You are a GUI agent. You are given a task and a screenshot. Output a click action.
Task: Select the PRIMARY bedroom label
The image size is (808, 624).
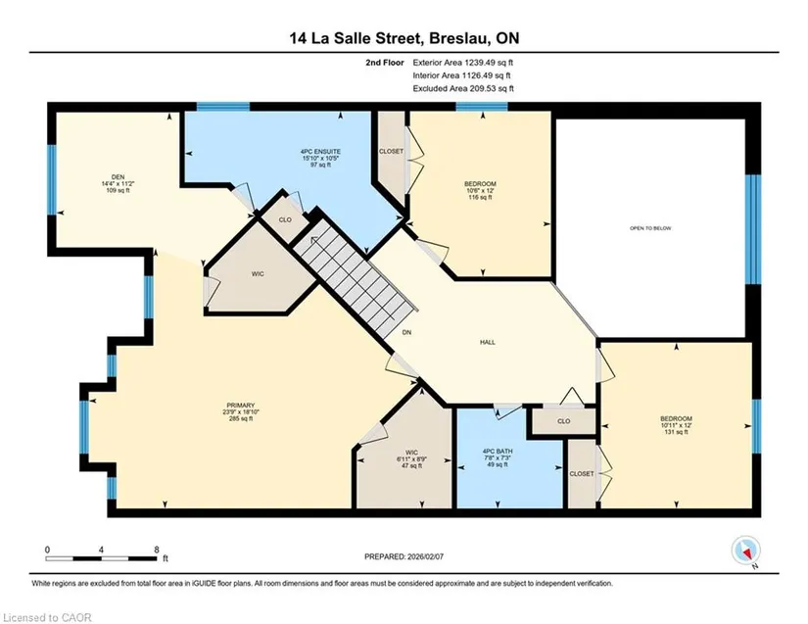[x=241, y=406]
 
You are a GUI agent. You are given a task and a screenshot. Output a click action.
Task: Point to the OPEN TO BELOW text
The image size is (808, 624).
[x=650, y=228]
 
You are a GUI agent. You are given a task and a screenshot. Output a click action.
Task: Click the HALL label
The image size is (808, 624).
[x=488, y=342]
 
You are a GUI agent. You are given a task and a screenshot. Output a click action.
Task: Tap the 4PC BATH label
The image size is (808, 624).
[x=498, y=452]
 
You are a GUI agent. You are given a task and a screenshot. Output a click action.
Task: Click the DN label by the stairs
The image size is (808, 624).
[x=406, y=333]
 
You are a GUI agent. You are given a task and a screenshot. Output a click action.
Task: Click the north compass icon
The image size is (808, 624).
[x=745, y=551]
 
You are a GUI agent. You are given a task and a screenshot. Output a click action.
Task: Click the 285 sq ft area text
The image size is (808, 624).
[x=241, y=419]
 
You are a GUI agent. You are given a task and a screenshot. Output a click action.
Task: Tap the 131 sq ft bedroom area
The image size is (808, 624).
[x=676, y=432]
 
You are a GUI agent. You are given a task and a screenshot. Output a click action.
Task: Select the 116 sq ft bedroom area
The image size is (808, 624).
[x=480, y=197]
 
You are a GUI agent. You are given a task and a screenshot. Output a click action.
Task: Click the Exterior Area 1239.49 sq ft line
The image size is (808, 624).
[x=462, y=63]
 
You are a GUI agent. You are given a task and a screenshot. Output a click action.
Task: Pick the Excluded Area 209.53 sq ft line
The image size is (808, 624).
[x=463, y=88]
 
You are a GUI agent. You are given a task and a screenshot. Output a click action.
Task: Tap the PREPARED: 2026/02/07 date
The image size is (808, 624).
[x=404, y=556]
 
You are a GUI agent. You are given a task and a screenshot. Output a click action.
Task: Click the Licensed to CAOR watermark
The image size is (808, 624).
[x=47, y=617]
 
